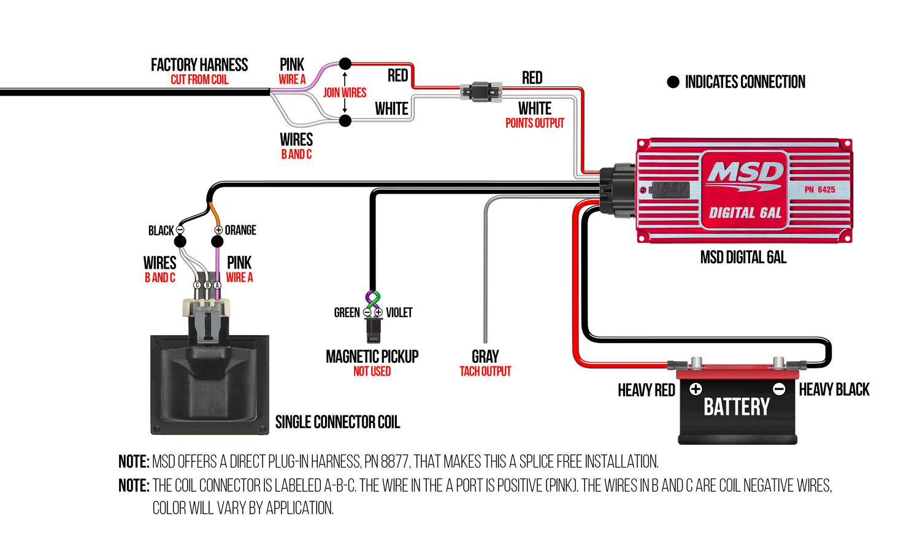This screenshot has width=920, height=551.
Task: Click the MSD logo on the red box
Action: (745, 173)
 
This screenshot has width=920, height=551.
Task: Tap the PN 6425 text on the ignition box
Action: (819, 190)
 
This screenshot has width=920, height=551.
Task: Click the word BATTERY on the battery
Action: (736, 407)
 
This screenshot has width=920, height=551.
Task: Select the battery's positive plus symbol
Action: (696, 389)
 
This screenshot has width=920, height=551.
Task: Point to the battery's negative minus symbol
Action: (779, 389)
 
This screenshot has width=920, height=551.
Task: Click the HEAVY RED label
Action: (646, 390)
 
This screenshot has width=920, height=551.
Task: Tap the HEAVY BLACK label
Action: (834, 390)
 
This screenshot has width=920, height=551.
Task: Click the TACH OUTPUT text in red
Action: (485, 371)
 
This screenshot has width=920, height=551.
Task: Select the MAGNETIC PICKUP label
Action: (372, 356)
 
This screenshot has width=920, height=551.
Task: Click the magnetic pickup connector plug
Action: (373, 329)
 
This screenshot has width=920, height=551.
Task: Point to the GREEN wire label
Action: (347, 313)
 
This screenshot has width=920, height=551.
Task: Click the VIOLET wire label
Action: (399, 313)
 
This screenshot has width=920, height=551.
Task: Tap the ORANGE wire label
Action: (240, 230)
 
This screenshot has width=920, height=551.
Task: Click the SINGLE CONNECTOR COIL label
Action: (337, 422)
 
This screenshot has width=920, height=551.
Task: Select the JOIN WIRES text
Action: (345, 93)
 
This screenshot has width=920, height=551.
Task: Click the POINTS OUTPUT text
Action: (534, 123)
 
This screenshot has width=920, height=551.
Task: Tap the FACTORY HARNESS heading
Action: (199, 65)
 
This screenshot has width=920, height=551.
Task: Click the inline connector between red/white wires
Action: (481, 92)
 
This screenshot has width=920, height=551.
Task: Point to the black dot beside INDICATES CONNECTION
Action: (673, 82)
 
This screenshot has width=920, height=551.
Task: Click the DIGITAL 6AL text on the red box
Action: (745, 213)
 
